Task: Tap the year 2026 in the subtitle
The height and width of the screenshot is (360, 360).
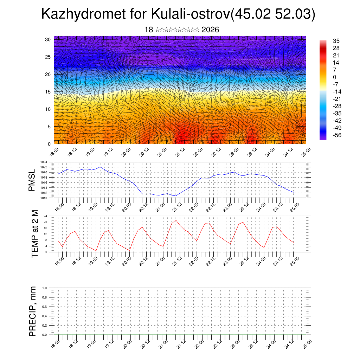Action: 210,30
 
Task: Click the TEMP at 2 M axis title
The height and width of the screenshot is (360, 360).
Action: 34,234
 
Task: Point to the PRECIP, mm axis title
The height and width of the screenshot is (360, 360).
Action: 33,311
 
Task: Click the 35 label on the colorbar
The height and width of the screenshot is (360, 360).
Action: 336,41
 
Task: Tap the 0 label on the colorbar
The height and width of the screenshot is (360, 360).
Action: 335,77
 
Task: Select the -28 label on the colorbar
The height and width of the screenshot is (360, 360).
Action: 337,106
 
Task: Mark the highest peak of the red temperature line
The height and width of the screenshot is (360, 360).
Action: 176,220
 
